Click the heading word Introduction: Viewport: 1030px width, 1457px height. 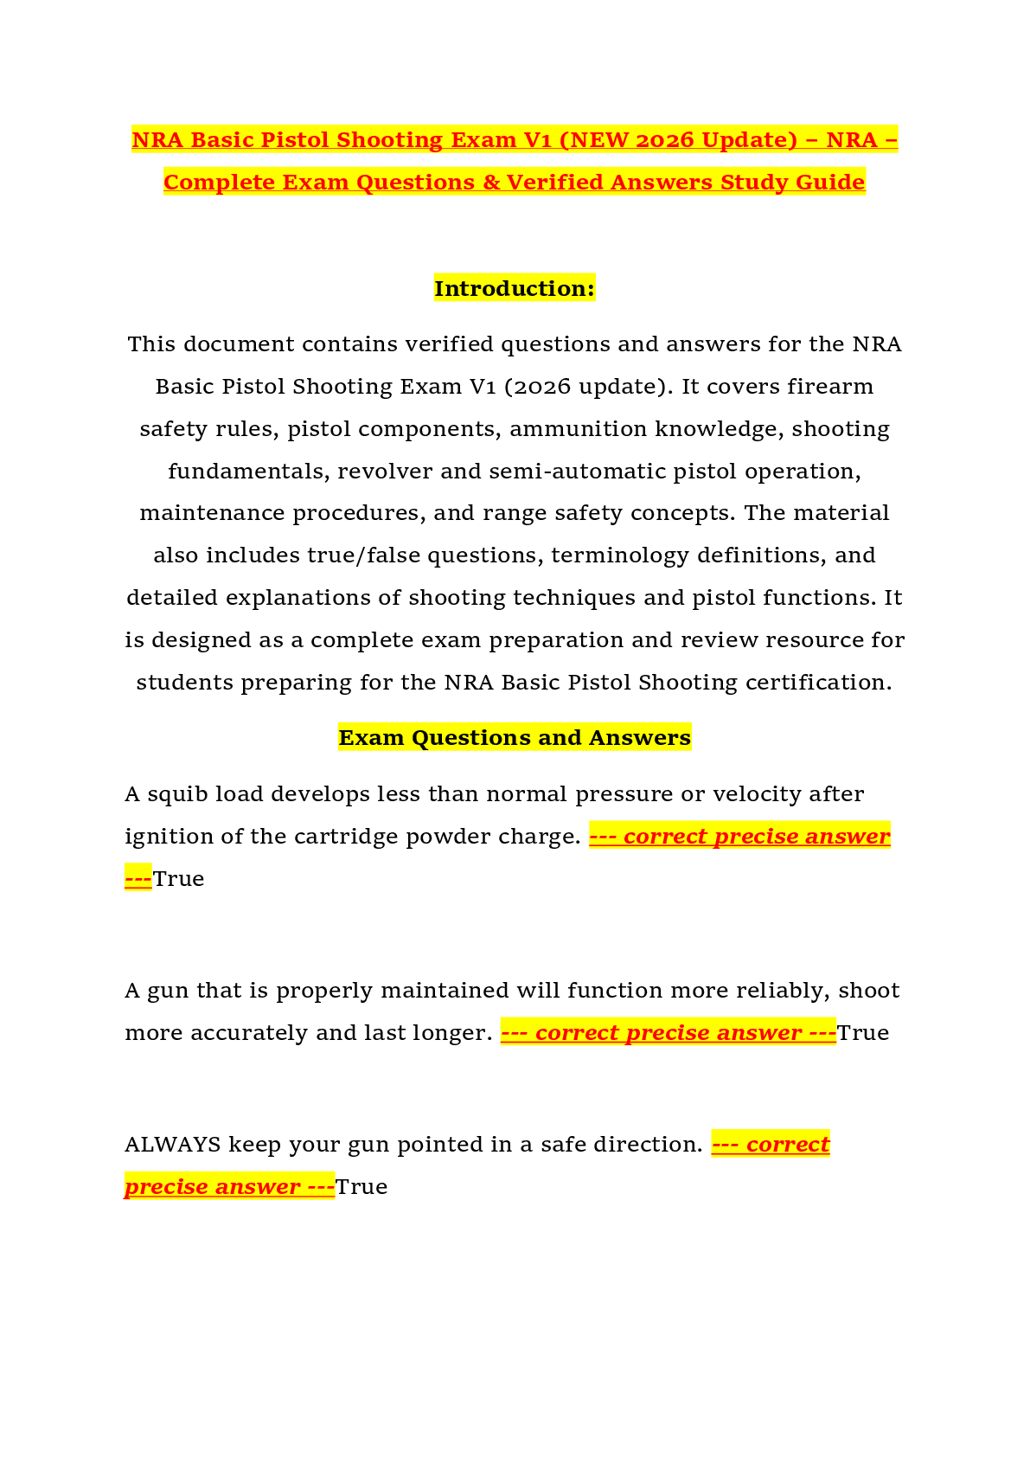click(x=515, y=288)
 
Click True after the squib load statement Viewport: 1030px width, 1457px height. click(x=178, y=879)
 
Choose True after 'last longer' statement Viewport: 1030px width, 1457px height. click(x=863, y=1033)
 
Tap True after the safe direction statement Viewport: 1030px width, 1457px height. click(x=361, y=1187)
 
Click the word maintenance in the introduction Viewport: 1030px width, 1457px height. click(x=212, y=513)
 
